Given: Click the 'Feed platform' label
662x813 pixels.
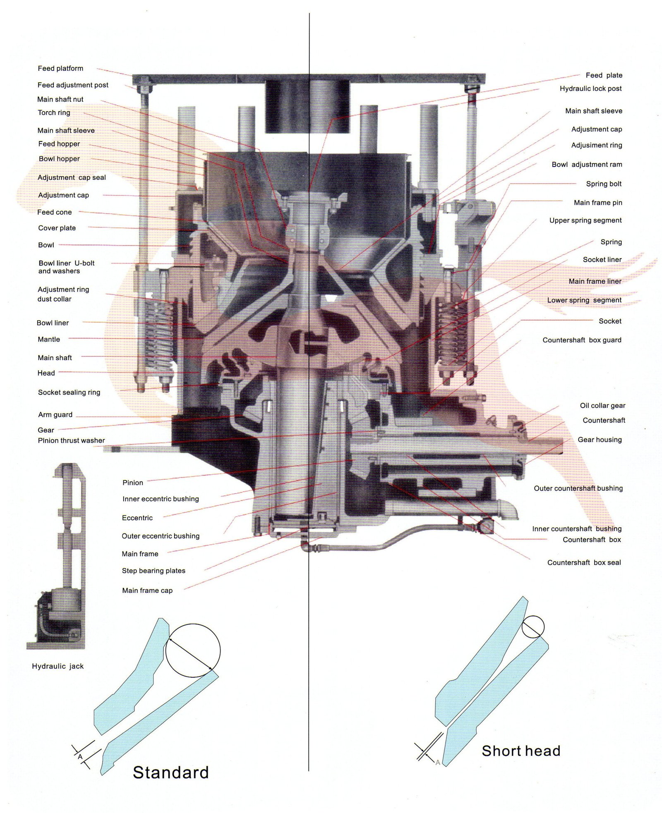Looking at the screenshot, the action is (60, 68).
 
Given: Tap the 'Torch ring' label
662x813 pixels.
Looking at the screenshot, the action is (54, 112).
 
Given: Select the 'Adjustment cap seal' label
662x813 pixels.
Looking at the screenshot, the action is (72, 177).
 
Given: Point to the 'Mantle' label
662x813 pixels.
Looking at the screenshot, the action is (49, 339).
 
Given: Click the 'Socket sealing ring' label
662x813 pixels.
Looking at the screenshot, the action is (69, 392).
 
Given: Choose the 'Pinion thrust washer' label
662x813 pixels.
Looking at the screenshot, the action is (71, 440).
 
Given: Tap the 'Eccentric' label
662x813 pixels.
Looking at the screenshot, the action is (137, 518).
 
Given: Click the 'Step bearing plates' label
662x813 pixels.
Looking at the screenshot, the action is (154, 571).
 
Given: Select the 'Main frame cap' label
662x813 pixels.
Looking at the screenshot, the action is (147, 591).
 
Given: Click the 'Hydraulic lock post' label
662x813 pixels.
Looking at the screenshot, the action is (591, 88).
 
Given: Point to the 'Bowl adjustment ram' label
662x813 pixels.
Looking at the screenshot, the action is (587, 165).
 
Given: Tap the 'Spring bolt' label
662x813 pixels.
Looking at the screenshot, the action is (604, 184).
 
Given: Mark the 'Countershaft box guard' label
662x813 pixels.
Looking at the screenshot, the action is (582, 340).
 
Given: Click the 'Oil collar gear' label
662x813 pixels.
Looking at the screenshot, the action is (602, 406).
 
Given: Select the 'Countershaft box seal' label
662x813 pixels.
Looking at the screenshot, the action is (584, 562).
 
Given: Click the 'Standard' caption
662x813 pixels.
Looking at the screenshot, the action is (171, 772).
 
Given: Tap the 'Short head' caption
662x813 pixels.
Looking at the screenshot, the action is (521, 751).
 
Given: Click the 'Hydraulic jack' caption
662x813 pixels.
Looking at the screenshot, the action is (58, 666).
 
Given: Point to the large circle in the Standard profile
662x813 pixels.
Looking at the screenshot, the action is (193, 624).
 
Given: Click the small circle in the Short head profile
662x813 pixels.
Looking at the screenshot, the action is (532, 616).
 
